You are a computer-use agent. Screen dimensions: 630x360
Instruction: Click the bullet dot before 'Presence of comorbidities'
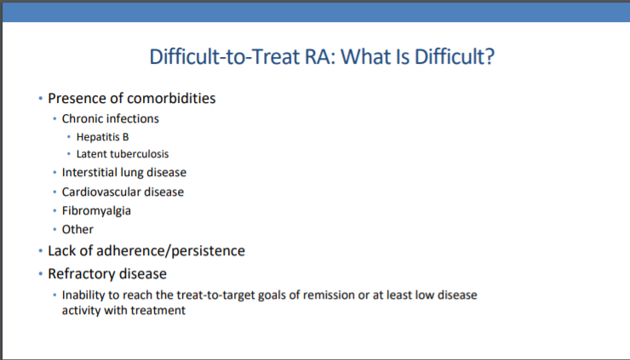tap(41, 98)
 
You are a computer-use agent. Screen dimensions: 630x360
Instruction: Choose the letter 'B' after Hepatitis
tap(126, 137)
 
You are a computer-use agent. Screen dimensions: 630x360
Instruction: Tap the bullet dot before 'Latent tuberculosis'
tap(69, 154)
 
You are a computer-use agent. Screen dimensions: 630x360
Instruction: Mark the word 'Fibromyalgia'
tap(96, 211)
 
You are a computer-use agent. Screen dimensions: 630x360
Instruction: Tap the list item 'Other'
tap(77, 230)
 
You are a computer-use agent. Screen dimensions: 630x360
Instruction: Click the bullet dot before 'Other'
tap(54, 230)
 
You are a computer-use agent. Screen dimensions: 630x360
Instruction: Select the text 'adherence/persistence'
tap(171, 251)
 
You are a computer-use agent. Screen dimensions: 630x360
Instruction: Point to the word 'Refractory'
tap(77, 274)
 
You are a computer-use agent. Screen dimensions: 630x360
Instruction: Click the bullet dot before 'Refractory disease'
tap(41, 273)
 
